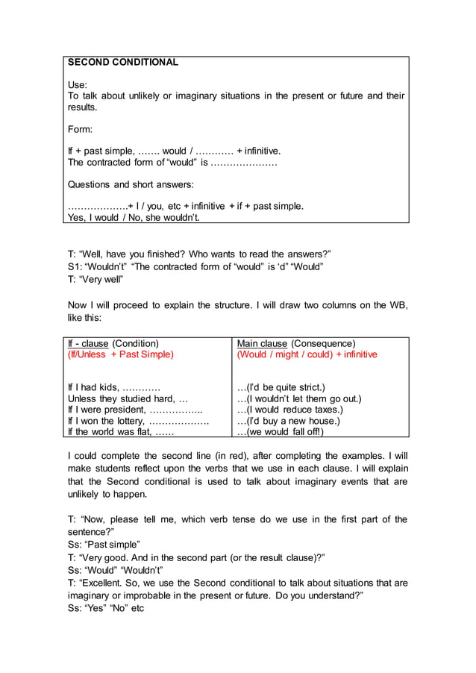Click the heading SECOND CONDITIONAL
click(123, 63)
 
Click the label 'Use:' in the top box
click(78, 85)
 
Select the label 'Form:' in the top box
click(81, 129)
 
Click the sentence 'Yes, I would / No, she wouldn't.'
click(134, 218)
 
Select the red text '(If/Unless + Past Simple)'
click(120, 354)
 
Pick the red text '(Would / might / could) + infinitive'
click(307, 354)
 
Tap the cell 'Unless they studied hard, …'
click(128, 398)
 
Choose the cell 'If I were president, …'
click(134, 410)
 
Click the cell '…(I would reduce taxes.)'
click(289, 410)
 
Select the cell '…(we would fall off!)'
click(281, 431)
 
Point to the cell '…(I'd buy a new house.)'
click(288, 421)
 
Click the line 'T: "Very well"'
click(95, 279)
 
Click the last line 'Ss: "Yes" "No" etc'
click(105, 608)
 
